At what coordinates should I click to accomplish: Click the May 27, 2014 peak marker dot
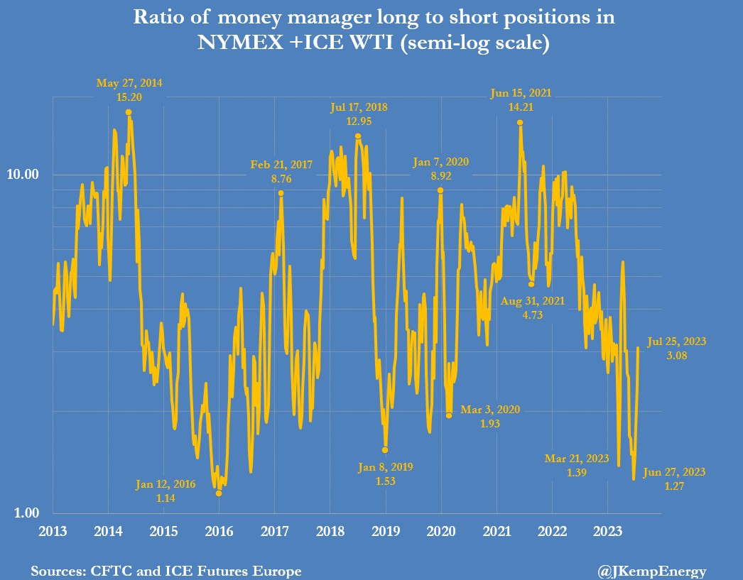point(129,112)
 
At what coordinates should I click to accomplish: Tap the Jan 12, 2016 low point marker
point(219,493)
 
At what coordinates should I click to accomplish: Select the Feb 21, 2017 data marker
point(281,193)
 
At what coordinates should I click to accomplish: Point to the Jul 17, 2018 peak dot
point(358,136)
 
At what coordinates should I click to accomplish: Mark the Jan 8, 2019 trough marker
point(385,450)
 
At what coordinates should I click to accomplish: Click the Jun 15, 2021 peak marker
point(520,123)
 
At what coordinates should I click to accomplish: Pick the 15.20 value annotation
point(129,97)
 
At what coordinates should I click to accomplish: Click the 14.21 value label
point(521,107)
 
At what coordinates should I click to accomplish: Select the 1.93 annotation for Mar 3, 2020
point(490,424)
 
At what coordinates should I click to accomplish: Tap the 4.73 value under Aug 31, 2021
point(532,315)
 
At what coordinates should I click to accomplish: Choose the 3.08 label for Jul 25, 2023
point(676,356)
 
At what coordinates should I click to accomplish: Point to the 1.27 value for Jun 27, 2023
point(673,486)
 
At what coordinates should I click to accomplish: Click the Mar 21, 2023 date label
point(577,459)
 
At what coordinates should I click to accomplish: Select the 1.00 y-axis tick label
point(32,513)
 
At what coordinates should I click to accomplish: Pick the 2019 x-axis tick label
point(386,531)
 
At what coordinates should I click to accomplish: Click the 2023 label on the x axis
point(607,531)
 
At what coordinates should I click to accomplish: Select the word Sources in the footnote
point(55,571)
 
